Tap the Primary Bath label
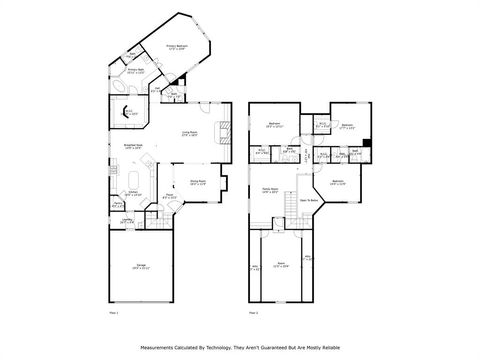coord(136,71)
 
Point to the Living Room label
coord(189,133)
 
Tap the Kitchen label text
coord(133,194)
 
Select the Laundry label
coord(127,221)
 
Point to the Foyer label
coord(170,197)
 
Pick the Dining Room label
coord(197,183)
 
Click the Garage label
coord(142,265)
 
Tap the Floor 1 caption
coord(113,313)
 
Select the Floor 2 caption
coord(253,313)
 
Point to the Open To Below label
coord(310,201)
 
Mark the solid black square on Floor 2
coord(367,144)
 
